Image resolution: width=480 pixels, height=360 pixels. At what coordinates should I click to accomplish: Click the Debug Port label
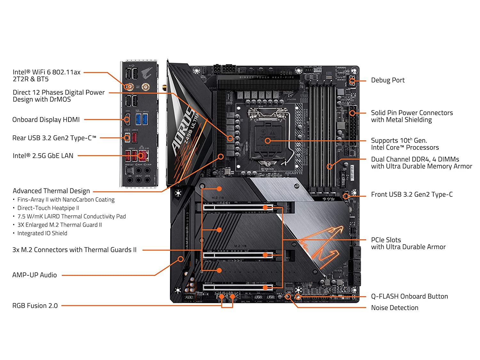388,80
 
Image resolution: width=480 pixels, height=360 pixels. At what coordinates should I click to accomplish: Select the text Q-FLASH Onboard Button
409,297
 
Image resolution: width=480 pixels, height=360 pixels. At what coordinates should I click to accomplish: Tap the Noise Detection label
395,308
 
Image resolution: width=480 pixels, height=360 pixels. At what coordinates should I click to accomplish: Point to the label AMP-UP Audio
35,275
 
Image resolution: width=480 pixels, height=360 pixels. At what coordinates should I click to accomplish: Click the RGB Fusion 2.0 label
35,306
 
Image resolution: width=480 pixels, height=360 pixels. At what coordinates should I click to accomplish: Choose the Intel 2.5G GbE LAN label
43,156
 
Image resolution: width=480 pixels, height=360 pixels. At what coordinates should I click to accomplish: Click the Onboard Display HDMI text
46,120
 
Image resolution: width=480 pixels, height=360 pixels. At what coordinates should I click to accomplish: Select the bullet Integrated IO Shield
42,234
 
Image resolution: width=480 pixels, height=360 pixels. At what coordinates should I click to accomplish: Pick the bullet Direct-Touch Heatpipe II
48,208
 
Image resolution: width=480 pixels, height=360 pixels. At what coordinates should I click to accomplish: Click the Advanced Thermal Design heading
51,191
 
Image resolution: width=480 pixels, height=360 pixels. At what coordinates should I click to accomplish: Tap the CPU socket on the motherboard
268,134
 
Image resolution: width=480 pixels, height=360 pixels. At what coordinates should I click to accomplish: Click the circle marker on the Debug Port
352,81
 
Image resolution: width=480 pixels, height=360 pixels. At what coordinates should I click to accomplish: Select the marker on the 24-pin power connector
352,113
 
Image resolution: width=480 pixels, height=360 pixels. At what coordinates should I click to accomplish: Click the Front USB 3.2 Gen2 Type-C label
412,195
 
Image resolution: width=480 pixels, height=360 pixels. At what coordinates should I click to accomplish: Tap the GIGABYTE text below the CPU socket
294,173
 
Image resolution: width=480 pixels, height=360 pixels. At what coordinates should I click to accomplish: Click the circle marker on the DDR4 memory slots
330,166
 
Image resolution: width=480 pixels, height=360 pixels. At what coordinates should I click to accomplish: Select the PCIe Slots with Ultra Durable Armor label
408,244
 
